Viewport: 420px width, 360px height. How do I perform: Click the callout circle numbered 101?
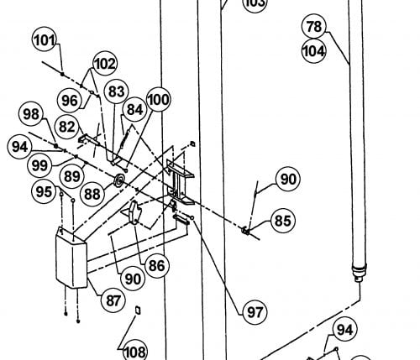[45, 39]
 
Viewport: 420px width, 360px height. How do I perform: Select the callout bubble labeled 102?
[105, 64]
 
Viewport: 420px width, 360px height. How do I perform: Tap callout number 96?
[69, 100]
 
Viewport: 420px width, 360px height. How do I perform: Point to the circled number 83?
[116, 91]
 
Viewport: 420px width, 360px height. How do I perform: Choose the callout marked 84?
[135, 109]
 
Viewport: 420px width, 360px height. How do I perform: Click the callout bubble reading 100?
[158, 99]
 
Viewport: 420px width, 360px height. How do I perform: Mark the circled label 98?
[31, 114]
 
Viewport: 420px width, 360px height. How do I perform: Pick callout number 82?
[67, 127]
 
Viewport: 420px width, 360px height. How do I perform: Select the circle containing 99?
[39, 165]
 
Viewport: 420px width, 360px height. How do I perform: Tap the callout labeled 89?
[72, 176]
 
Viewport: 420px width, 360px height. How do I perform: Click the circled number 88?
[92, 194]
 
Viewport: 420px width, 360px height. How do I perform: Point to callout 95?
[44, 191]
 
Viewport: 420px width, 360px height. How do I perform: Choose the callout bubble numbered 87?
[113, 300]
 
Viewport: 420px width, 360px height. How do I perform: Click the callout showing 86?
[157, 265]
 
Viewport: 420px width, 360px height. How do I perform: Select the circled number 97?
[255, 312]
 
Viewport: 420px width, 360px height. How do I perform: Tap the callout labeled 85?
[283, 221]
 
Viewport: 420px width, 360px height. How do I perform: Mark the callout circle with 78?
[314, 26]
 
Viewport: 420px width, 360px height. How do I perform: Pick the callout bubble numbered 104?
[313, 51]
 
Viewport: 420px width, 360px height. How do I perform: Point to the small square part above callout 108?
[138, 310]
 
